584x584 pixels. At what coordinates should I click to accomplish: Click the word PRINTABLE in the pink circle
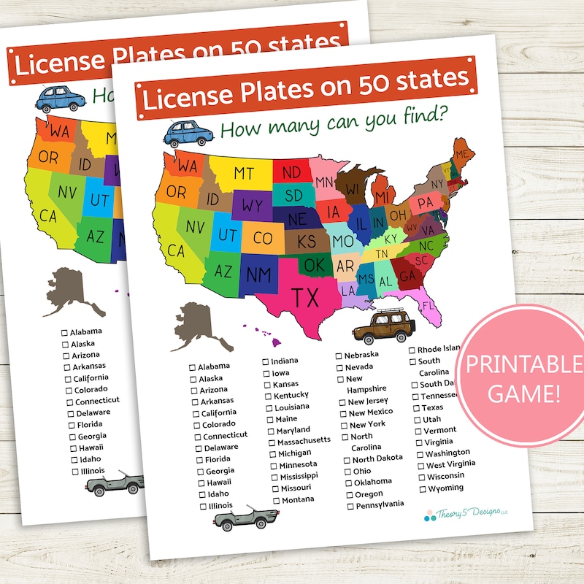point(522,364)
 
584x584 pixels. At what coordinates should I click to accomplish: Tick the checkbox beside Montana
point(276,501)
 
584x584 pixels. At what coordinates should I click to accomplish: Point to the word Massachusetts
point(303,442)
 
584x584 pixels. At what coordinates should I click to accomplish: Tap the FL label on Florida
point(427,304)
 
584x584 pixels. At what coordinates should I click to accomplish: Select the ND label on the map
point(291,172)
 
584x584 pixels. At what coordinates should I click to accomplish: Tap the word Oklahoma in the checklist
point(373,482)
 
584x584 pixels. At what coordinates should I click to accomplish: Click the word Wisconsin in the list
point(445,476)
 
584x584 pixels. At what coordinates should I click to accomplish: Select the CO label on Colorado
point(262,239)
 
